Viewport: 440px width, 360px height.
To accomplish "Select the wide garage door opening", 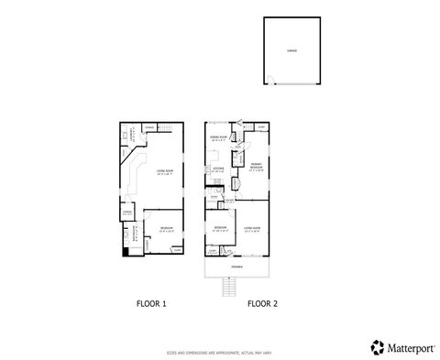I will click(297, 84).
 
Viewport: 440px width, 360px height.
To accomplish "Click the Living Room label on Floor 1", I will click(165, 171).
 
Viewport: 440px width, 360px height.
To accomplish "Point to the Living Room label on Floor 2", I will click(251, 228).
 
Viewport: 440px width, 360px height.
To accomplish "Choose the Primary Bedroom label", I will click(257, 169).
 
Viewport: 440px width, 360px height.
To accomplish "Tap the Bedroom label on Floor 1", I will click(164, 228).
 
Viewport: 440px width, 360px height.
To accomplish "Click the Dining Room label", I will click(217, 138).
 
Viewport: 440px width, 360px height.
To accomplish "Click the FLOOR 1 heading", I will click(151, 302).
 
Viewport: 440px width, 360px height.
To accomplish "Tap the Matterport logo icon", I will click(376, 346).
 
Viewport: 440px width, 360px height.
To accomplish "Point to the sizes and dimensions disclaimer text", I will click(219, 350).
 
